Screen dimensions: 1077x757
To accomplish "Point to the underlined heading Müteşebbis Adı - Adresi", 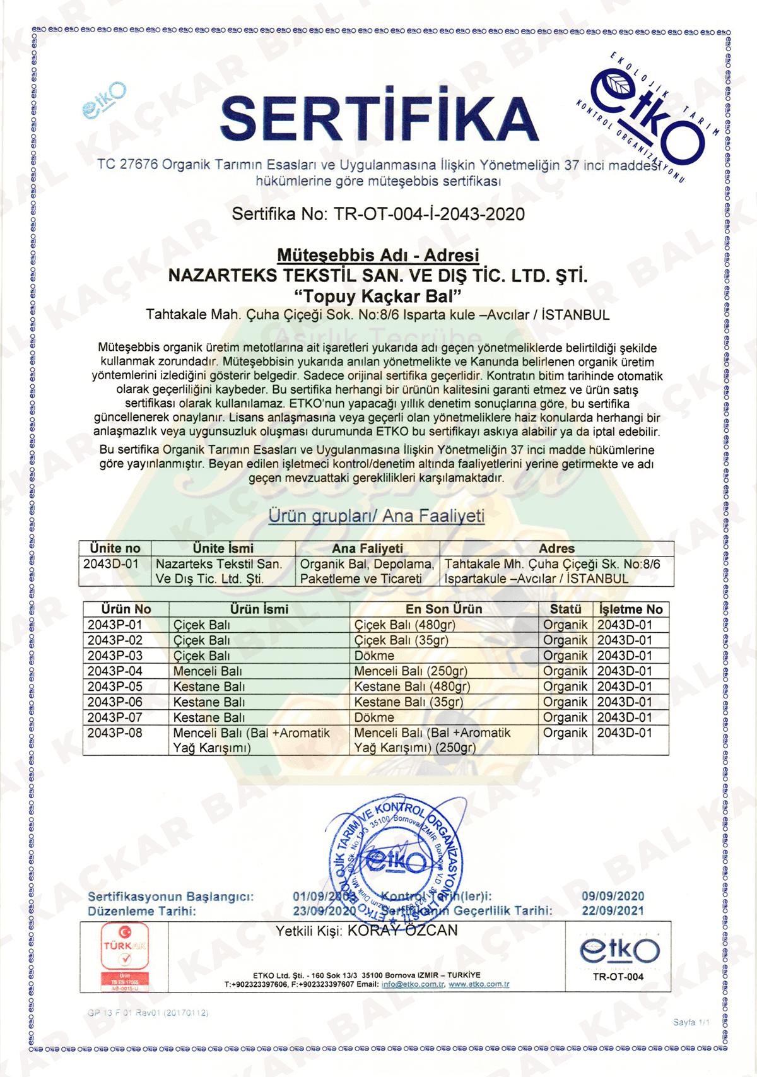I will pyautogui.click(x=378, y=256).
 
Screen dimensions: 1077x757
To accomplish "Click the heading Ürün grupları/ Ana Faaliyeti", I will pyautogui.click(x=377, y=516).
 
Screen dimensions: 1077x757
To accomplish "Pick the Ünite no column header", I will pyautogui.click(x=115, y=548).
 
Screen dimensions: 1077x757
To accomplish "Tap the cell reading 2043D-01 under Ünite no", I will pyautogui.click(x=110, y=563).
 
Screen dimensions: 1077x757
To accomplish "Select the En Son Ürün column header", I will pyautogui.click(x=443, y=609).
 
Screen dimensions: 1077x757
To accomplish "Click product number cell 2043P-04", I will pyautogui.click(x=115, y=671).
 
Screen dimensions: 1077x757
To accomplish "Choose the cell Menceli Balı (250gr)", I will pyautogui.click(x=411, y=671).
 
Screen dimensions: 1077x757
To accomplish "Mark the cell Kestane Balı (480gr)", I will pyautogui.click(x=412, y=686).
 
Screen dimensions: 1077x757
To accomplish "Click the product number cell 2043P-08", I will pyautogui.click(x=115, y=733).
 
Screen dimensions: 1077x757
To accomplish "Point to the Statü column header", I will pyautogui.click(x=565, y=609).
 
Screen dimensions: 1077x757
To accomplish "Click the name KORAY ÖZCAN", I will pyautogui.click(x=403, y=931).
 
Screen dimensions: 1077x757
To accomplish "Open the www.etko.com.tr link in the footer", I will pyautogui.click(x=479, y=984).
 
